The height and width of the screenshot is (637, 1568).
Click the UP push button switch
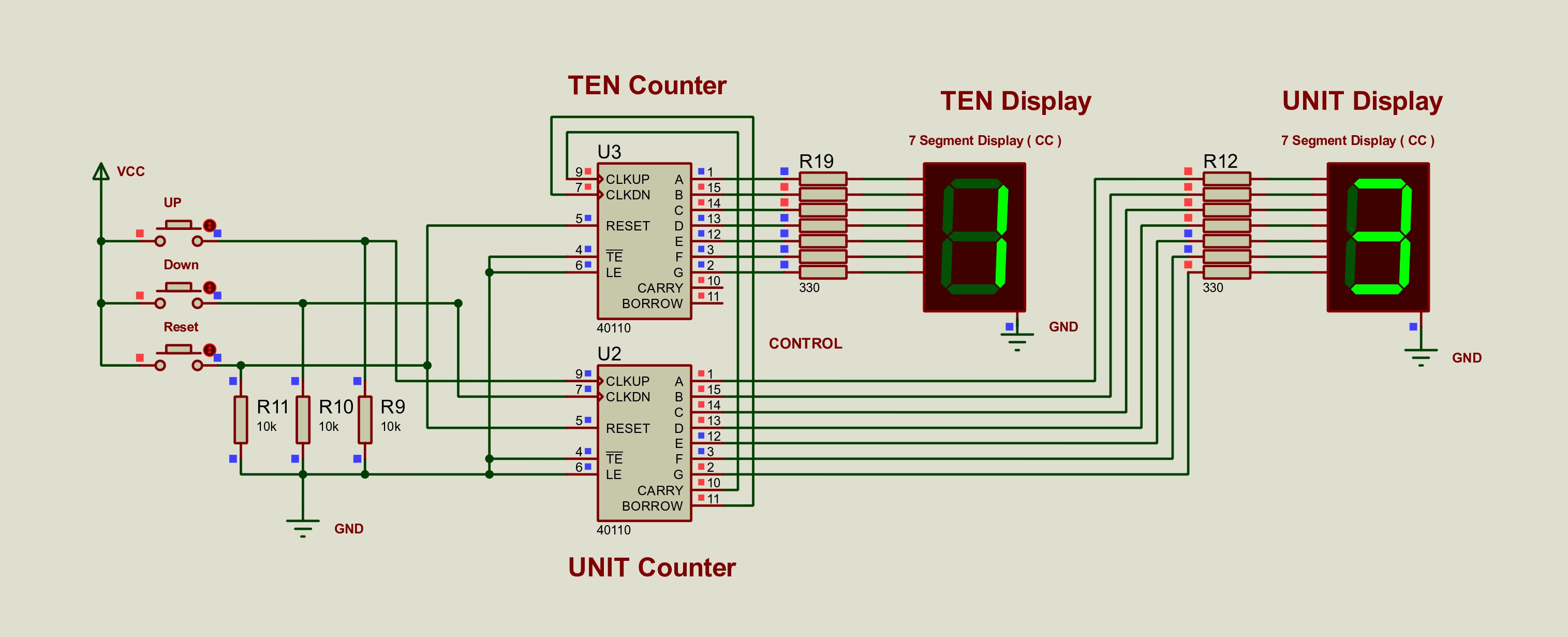pyautogui.click(x=179, y=233)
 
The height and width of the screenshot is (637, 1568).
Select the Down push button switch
pyautogui.click(x=179, y=295)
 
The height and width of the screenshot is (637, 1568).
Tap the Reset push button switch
pyautogui.click(x=179, y=357)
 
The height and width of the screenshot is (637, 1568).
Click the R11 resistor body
pyautogui.click(x=241, y=419)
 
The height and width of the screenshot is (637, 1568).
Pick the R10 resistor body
pyautogui.click(x=303, y=419)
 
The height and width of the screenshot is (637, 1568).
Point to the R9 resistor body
pyautogui.click(x=365, y=419)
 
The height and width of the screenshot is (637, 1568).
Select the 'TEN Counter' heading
pyautogui.click(x=647, y=85)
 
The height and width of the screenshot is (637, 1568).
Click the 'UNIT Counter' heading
pyautogui.click(x=652, y=568)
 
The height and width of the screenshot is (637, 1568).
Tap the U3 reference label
pyautogui.click(x=609, y=152)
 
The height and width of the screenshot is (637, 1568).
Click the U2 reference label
pyautogui.click(x=609, y=354)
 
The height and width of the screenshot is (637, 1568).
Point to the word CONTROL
pyautogui.click(x=805, y=343)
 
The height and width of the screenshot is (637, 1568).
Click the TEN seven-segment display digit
pyautogui.click(x=974, y=237)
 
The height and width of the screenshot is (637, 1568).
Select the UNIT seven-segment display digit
pyautogui.click(x=1378, y=237)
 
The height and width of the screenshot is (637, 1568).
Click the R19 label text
pyautogui.click(x=816, y=162)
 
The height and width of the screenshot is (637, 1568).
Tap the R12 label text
pyautogui.click(x=1220, y=162)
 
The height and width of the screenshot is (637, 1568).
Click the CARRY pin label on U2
pyautogui.click(x=660, y=490)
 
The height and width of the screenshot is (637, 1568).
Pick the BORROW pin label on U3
pyautogui.click(x=652, y=303)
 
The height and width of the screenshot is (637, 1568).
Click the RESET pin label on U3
pyautogui.click(x=628, y=226)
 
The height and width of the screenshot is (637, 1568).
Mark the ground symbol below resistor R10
pyautogui.click(x=303, y=527)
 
